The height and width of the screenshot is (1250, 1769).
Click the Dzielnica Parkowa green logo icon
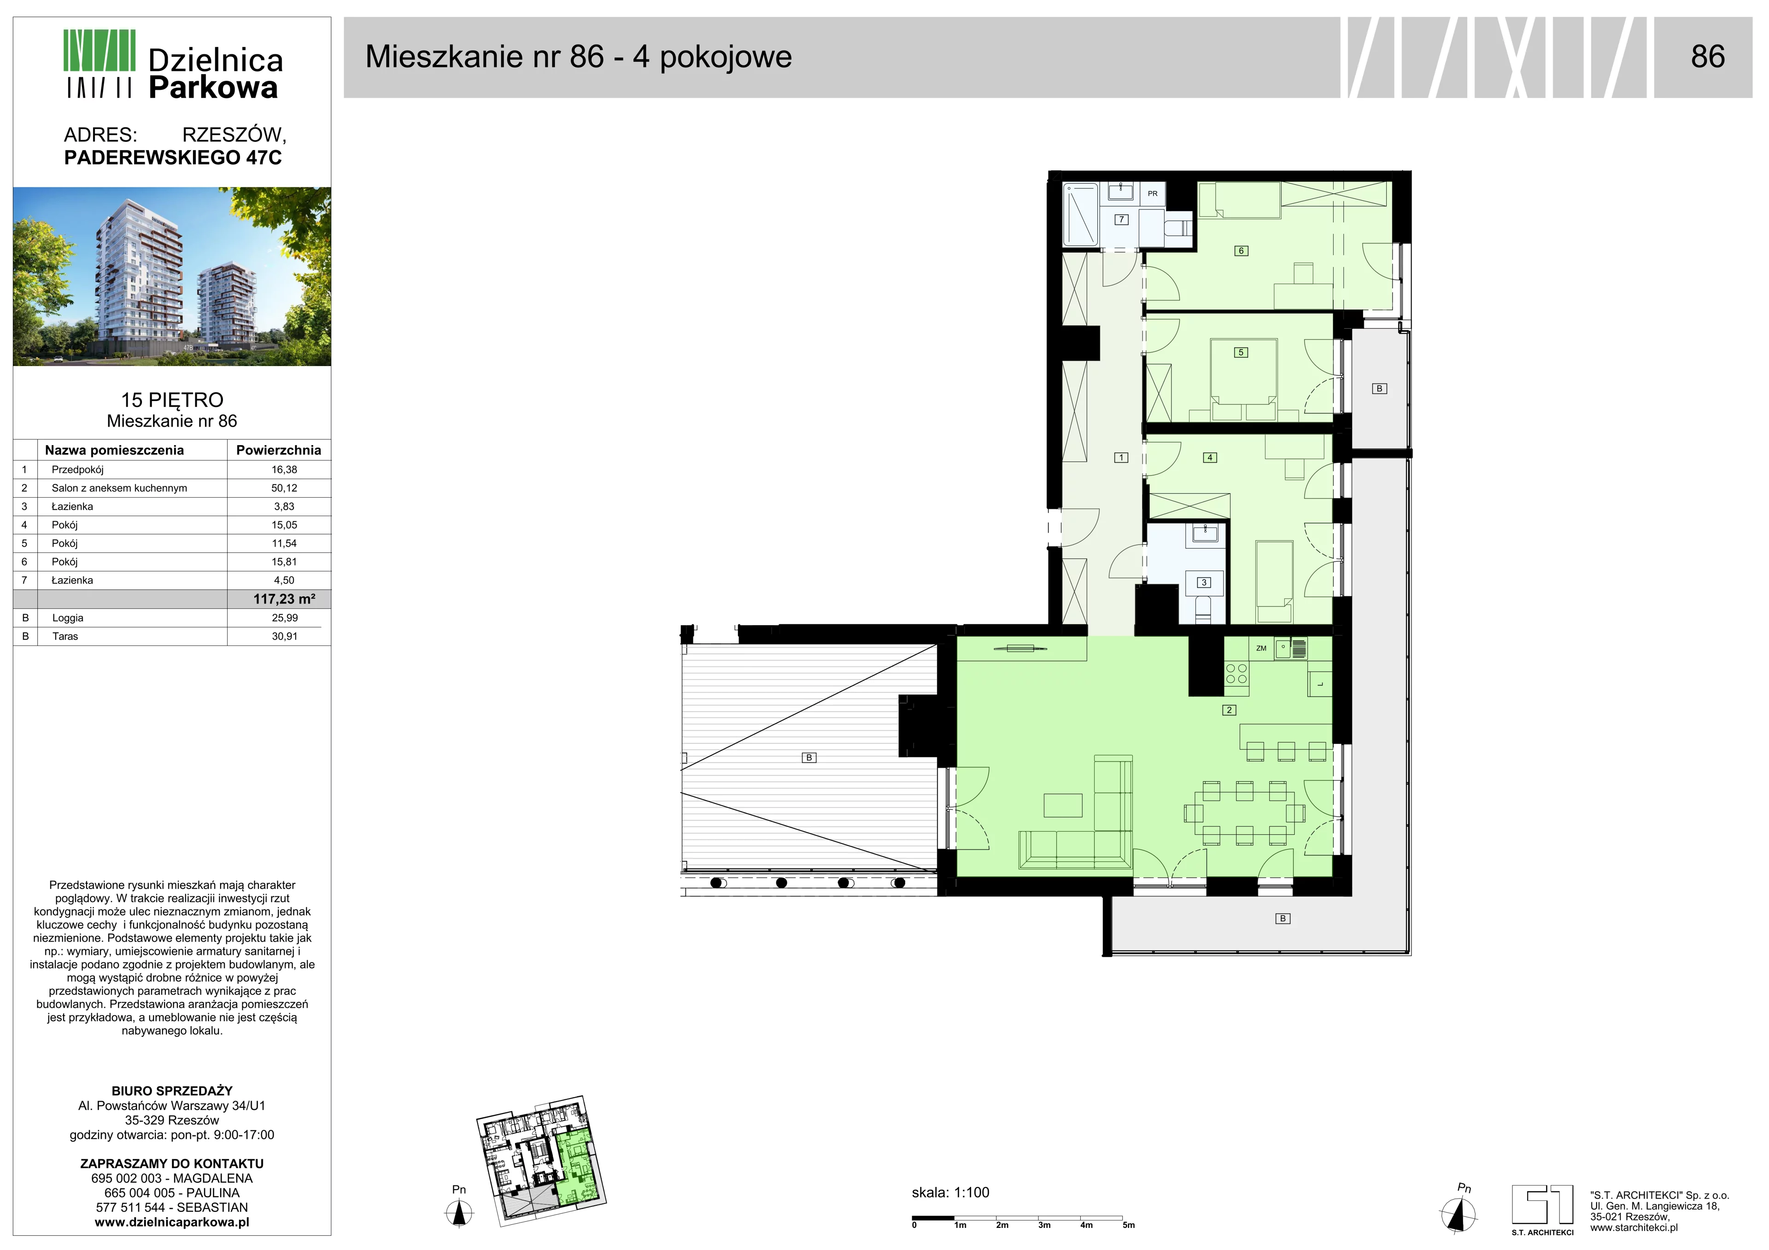(100, 64)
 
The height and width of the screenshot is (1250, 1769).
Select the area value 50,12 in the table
(284, 488)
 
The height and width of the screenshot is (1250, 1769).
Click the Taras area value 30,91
(284, 636)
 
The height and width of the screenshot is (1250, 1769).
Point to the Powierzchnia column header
(278, 450)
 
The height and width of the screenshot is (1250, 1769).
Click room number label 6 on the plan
(1241, 250)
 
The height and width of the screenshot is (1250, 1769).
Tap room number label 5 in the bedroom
(1241, 352)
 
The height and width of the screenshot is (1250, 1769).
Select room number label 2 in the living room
(1229, 710)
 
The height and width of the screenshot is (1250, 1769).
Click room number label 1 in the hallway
(1121, 458)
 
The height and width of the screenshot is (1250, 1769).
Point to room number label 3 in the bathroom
(1203, 582)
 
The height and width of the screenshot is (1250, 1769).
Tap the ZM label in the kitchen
(1261, 649)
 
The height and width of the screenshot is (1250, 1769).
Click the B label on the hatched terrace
(809, 758)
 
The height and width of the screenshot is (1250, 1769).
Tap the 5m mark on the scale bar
(1128, 1225)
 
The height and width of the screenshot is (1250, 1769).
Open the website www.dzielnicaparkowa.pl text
(172, 1222)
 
